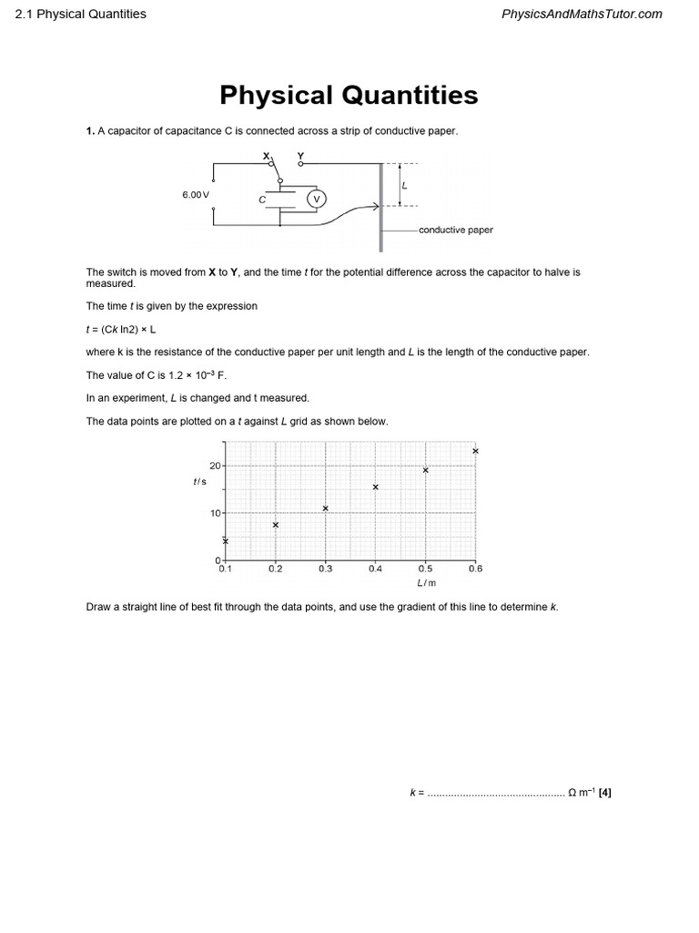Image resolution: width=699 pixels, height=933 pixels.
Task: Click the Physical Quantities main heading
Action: [x=349, y=95]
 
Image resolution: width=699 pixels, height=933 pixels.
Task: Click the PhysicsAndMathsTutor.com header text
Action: [x=582, y=14]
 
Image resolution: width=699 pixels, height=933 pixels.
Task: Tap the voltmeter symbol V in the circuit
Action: [x=317, y=199]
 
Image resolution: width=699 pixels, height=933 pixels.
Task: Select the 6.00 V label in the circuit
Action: [x=196, y=195]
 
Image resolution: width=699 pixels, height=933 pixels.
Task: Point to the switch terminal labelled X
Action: [x=267, y=157]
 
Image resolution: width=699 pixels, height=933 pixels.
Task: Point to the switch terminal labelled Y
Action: [x=300, y=157]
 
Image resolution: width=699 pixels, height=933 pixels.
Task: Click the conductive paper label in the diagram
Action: [x=455, y=230]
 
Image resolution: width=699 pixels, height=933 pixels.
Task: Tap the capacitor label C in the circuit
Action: [x=261, y=199]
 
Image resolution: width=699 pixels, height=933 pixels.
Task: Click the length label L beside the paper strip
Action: [x=404, y=184]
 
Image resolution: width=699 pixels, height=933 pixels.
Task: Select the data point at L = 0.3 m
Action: [x=325, y=508]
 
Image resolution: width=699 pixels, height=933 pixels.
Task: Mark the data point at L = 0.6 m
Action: [x=475, y=451]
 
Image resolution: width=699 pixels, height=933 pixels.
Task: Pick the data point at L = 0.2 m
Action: [x=276, y=525]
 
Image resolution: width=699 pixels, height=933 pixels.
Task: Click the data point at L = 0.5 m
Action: [x=425, y=470]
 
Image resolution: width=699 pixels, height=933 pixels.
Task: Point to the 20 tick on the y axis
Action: [x=216, y=466]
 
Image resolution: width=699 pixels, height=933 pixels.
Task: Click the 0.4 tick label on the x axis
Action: [x=375, y=569]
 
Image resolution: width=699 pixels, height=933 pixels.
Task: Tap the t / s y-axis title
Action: [x=200, y=481]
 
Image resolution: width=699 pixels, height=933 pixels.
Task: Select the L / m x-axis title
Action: [x=426, y=582]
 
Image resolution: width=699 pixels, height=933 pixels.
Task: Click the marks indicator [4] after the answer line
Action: [x=605, y=793]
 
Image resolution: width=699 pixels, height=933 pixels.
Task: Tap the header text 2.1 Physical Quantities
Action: [x=81, y=14]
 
